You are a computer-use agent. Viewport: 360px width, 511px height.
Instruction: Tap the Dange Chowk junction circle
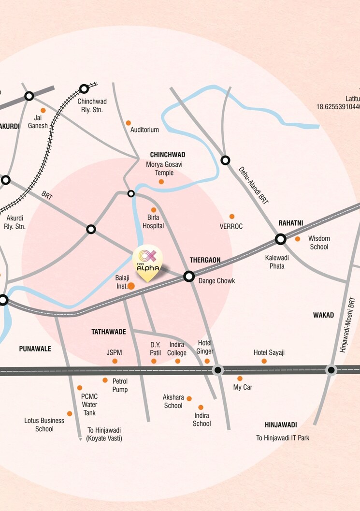pyautogui.click(x=189, y=277)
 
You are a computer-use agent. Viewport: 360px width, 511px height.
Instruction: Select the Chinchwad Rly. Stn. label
pyautogui.click(x=92, y=106)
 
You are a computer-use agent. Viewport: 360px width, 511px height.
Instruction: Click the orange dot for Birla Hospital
pyautogui.click(x=154, y=210)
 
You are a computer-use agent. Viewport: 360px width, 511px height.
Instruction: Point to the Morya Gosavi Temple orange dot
pyautogui.click(x=161, y=182)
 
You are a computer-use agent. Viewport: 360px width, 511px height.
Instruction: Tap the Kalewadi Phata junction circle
pyautogui.click(x=280, y=239)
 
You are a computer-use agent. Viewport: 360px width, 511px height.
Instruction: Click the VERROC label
pyautogui.click(x=231, y=226)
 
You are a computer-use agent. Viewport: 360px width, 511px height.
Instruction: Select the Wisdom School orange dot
pyautogui.click(x=298, y=239)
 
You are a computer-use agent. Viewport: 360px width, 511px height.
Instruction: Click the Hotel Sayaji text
pyautogui.click(x=269, y=352)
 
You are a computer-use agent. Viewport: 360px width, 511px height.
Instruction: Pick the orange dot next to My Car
pyautogui.click(x=240, y=379)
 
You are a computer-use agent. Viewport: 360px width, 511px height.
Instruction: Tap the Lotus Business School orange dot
pyautogui.click(x=70, y=413)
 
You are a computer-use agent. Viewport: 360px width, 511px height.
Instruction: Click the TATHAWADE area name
pyautogui.click(x=109, y=332)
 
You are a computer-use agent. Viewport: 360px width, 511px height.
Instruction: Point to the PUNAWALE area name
pyautogui.click(x=35, y=349)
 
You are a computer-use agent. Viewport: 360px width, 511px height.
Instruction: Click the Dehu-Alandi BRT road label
pyautogui.click(x=254, y=185)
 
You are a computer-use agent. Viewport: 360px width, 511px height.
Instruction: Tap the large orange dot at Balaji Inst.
pyautogui.click(x=131, y=286)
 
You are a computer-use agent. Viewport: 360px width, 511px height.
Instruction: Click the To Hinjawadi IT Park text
pyautogui.click(x=283, y=438)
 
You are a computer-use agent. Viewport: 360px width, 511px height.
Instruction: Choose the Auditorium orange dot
pyautogui.click(x=128, y=123)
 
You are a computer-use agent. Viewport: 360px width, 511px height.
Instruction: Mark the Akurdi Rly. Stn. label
pyautogui.click(x=14, y=222)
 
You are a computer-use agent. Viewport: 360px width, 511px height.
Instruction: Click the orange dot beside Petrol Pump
pyautogui.click(x=105, y=380)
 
